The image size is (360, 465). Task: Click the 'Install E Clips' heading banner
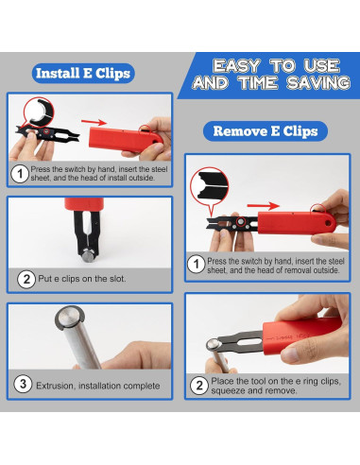[x=83, y=72]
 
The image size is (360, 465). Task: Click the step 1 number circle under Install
[x=20, y=174]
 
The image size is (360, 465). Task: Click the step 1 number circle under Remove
[x=196, y=265]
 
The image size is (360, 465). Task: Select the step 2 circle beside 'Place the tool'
[x=199, y=385]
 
